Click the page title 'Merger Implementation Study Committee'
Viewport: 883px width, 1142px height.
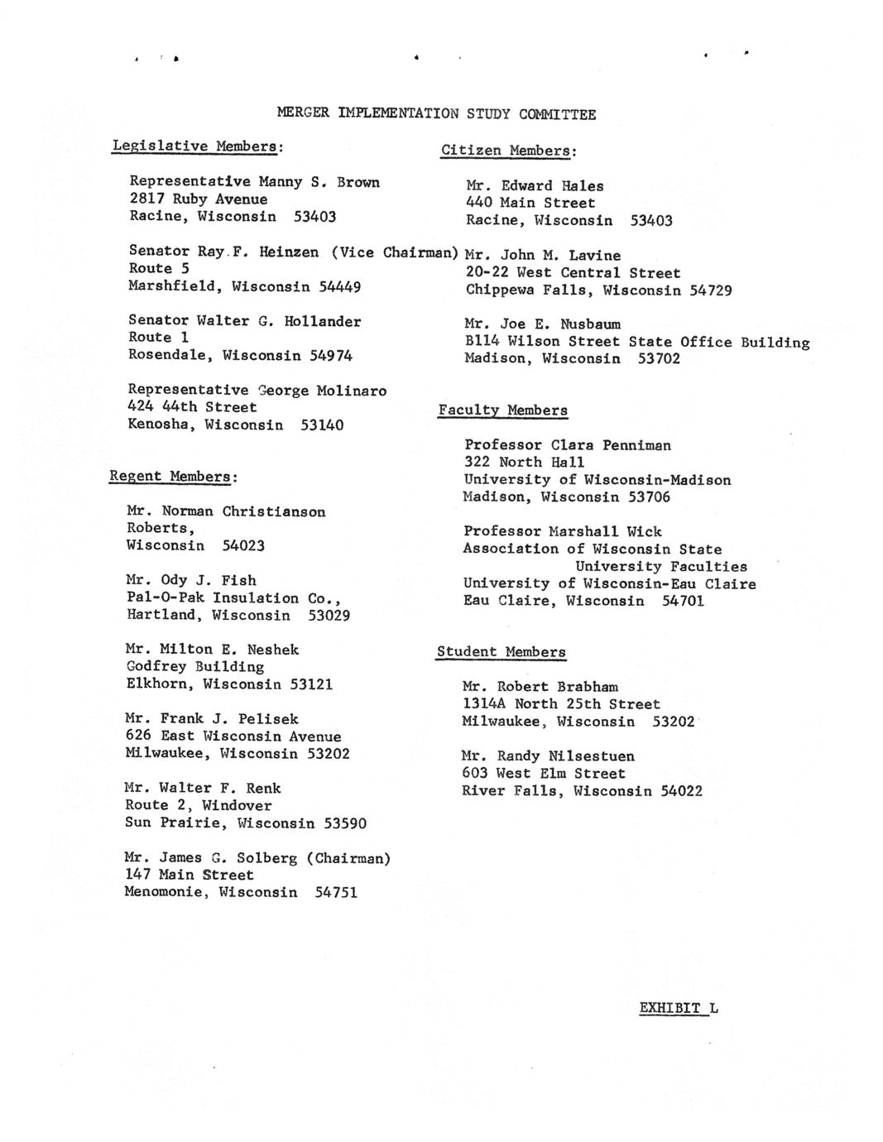tap(436, 114)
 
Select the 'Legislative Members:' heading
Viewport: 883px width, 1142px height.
tap(198, 146)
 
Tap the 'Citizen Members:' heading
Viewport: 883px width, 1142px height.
tap(508, 151)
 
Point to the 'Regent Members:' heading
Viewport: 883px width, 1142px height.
tap(173, 477)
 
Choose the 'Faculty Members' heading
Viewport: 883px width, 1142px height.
tap(502, 410)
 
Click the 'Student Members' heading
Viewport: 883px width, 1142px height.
tap(501, 652)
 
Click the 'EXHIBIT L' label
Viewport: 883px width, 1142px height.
tap(679, 1008)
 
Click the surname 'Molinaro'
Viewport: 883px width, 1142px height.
tap(351, 391)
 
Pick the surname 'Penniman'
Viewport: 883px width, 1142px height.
tap(636, 445)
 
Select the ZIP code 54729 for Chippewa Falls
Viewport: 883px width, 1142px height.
tap(710, 290)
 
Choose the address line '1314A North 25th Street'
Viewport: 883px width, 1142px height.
tap(560, 704)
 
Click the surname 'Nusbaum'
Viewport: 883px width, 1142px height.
tap(590, 324)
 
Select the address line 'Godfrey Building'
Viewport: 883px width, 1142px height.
tap(194, 667)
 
